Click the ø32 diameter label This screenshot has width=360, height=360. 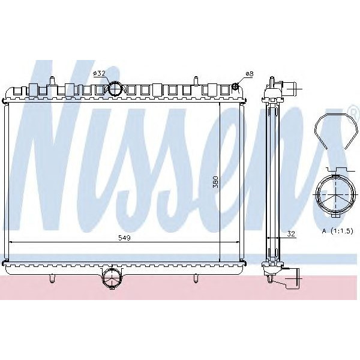tap(99, 73)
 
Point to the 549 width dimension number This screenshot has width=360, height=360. tap(125, 238)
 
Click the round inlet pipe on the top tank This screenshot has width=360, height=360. tap(115, 89)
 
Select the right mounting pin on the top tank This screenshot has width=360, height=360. tap(196, 80)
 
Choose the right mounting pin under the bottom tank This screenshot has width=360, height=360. tap(196, 278)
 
